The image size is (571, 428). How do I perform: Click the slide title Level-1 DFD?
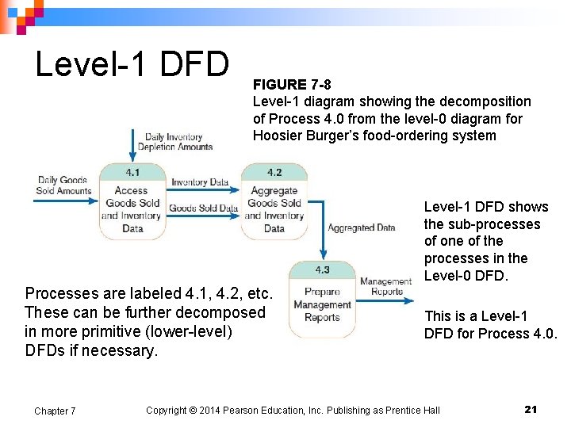(132, 64)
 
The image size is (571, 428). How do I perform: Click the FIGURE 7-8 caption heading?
(292, 84)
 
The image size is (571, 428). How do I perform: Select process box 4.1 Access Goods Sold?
(132, 204)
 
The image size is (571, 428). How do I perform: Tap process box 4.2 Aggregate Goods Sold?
(274, 204)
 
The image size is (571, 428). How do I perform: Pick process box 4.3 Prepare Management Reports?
(321, 299)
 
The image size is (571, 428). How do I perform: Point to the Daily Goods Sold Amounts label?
(63, 185)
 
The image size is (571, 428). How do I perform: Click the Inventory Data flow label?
(200, 182)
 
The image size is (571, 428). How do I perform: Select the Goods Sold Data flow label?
(203, 208)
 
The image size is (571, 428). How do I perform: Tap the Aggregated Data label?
(362, 227)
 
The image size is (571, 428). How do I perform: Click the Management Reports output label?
(386, 286)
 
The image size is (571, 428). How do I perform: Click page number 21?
(531, 409)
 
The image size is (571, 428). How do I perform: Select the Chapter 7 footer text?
(55, 411)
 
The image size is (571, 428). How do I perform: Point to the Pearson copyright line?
(293, 410)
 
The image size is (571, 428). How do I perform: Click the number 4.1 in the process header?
(132, 172)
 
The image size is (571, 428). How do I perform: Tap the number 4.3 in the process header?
(321, 269)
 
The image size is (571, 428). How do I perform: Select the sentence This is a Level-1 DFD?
(490, 324)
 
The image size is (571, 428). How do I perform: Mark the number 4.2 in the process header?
(274, 172)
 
